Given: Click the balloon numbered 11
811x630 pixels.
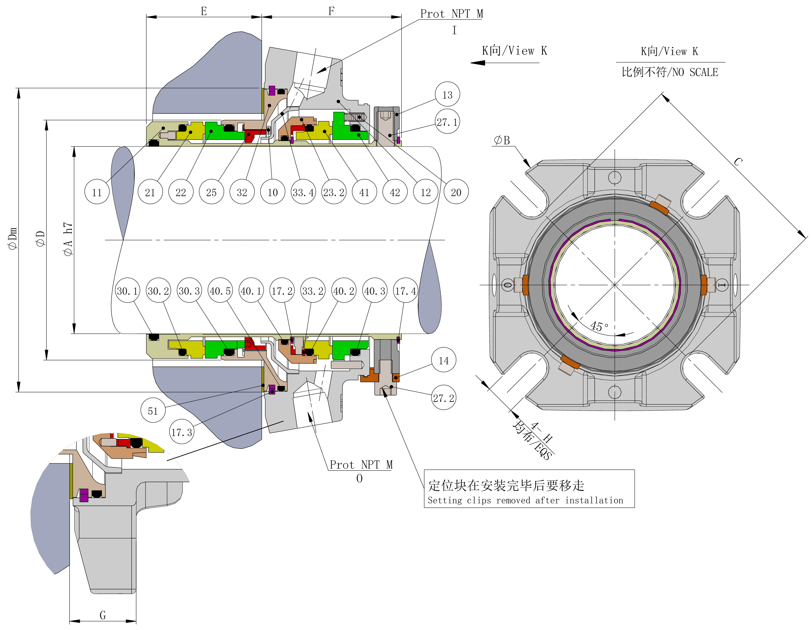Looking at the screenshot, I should click(97, 192).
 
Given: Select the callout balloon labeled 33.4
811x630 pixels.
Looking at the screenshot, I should click(303, 192).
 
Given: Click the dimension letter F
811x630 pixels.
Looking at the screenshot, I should click(331, 11).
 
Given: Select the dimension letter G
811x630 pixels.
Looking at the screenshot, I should click(103, 615).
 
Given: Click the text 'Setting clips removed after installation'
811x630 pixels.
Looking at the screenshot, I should click(525, 500).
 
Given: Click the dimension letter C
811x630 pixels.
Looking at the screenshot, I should click(738, 162).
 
